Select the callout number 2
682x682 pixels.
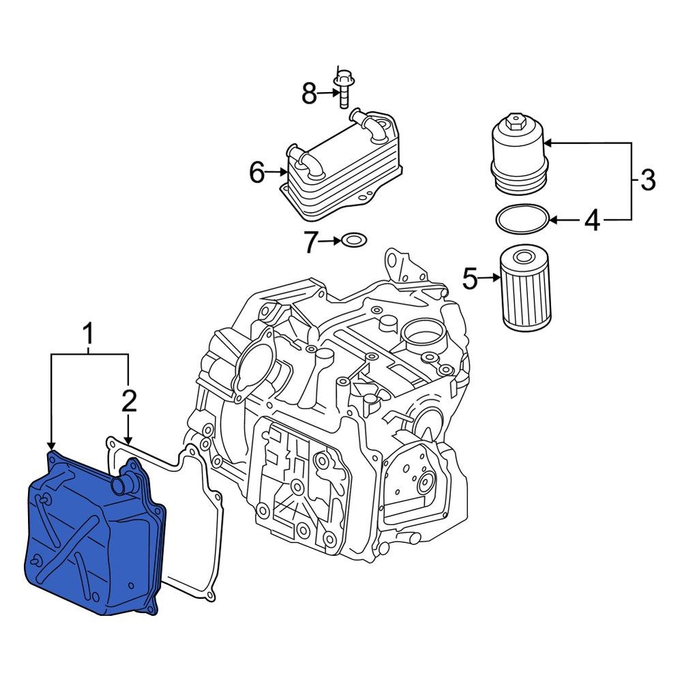(129, 402)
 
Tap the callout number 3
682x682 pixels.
(647, 181)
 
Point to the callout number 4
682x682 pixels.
(591, 220)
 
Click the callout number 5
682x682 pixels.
(471, 278)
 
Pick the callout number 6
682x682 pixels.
(256, 173)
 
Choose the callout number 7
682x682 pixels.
(311, 241)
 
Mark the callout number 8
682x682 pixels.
(310, 94)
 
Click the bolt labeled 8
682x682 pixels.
(342, 89)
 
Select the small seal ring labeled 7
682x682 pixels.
(353, 240)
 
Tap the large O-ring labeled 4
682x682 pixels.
(522, 218)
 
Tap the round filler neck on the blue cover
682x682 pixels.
(123, 486)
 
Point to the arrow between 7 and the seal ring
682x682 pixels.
(330, 241)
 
